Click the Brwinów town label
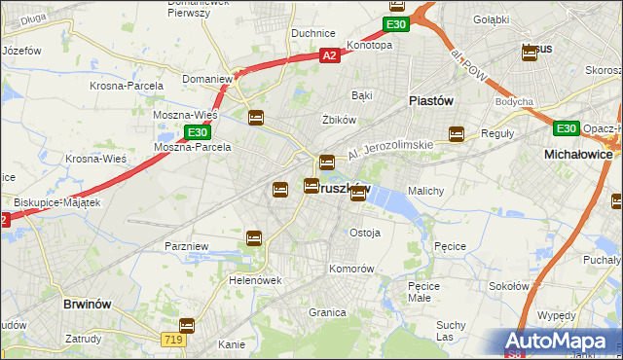90,304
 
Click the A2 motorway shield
330,56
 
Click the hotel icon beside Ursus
530,54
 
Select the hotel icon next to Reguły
457,134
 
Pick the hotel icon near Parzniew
254,237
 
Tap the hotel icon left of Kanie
187,326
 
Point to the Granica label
327,312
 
